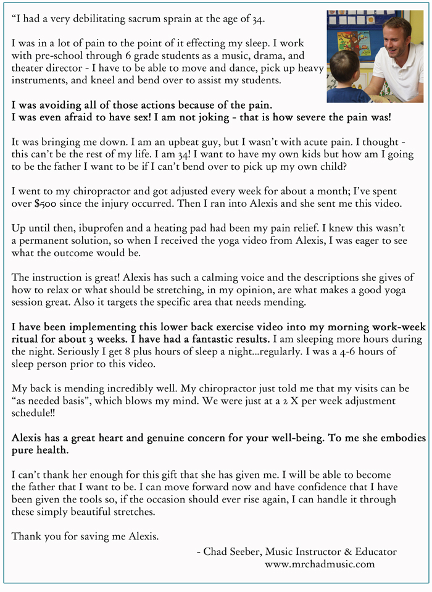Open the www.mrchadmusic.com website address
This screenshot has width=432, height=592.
coord(320,564)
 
